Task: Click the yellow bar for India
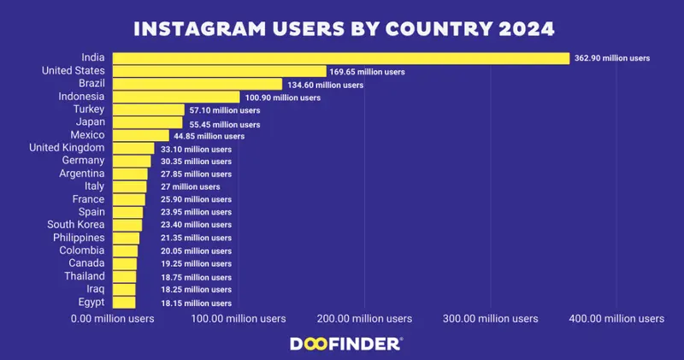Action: (340, 58)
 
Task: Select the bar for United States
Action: (219, 72)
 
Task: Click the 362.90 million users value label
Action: (612, 58)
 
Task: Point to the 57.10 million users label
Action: (224, 110)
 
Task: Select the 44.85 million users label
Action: (210, 136)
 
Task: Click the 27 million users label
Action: (190, 186)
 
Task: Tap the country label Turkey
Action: (88, 109)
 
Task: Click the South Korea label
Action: (76, 224)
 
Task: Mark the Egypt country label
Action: (91, 302)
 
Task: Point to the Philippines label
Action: (79, 237)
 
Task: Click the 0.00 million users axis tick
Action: (112, 319)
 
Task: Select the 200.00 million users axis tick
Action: (364, 319)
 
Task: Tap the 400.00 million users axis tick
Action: (616, 319)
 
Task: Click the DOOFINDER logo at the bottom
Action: (342, 343)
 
